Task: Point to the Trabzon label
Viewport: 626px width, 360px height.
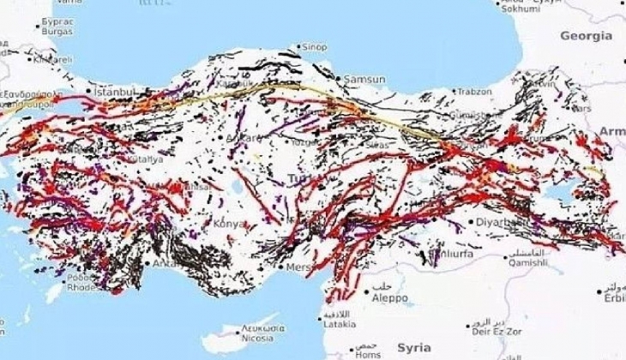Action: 474,91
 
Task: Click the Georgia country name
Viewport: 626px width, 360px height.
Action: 586,36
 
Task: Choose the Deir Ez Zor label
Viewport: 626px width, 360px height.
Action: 490,327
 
